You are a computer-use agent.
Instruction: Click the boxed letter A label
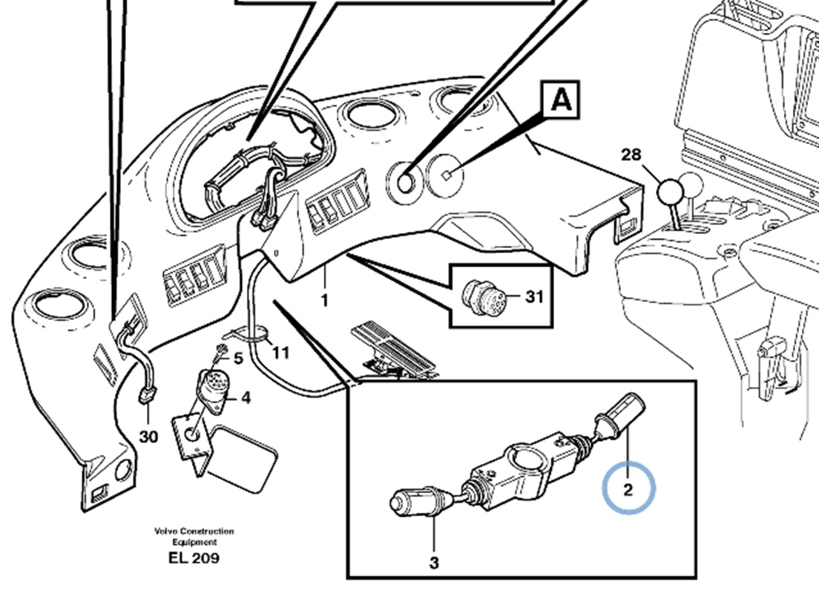[562, 100]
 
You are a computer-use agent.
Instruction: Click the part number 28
[631, 155]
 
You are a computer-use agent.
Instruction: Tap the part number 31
[534, 297]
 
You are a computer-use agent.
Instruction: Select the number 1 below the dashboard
[324, 301]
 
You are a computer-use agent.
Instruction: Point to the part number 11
[280, 352]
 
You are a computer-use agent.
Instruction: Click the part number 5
[238, 359]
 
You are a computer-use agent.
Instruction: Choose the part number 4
[246, 397]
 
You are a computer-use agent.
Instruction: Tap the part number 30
[148, 437]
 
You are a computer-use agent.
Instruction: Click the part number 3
[433, 562]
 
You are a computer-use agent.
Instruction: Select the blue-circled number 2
[628, 489]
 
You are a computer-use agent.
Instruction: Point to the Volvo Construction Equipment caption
[194, 536]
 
